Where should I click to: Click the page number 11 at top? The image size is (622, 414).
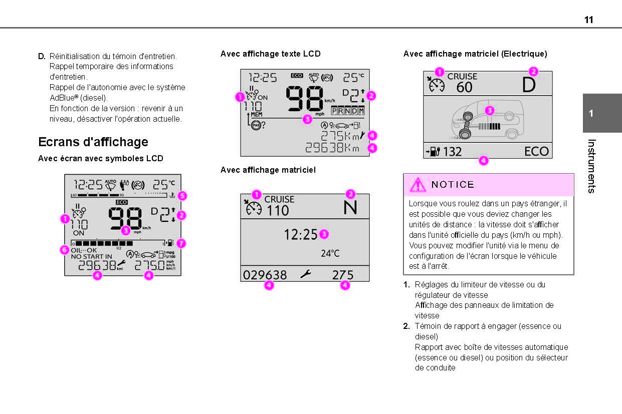click(588, 20)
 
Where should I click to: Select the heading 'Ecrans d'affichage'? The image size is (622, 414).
click(93, 142)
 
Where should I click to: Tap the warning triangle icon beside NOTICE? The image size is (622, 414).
click(418, 185)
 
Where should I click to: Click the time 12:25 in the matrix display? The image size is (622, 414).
click(301, 234)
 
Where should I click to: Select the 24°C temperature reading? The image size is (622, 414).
click(330, 253)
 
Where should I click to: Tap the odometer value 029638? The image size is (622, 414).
click(265, 275)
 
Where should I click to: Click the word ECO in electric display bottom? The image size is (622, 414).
click(536, 151)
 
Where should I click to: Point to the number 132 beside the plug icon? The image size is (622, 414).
click(452, 152)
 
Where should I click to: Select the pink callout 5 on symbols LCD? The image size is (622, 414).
click(182, 196)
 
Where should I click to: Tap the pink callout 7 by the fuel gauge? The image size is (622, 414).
click(181, 243)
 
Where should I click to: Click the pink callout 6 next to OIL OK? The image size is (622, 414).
click(64, 249)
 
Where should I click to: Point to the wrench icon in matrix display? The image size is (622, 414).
click(305, 274)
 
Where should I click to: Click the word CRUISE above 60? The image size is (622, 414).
click(462, 77)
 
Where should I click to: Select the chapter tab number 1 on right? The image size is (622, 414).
click(591, 113)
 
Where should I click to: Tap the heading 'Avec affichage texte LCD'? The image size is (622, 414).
click(270, 54)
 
